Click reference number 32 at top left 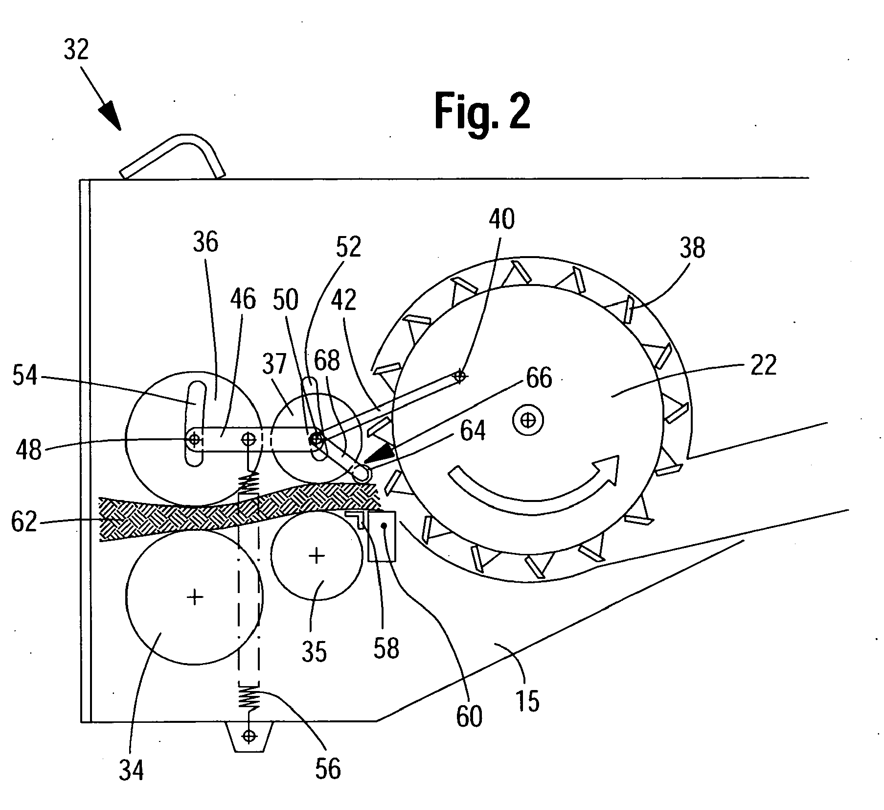tap(76, 50)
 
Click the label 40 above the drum tap(501, 219)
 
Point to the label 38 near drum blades tap(692, 248)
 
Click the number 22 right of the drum tap(763, 365)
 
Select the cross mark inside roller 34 tap(195, 596)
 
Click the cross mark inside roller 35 tap(317, 555)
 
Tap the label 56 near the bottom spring tap(327, 767)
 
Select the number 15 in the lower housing tap(527, 700)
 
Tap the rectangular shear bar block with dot tap(382, 536)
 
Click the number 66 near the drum tap(539, 378)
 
